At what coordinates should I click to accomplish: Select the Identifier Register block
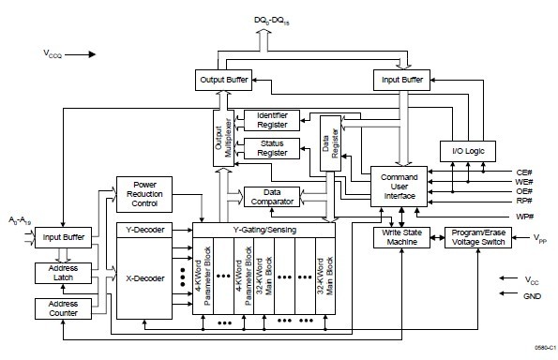point(272,119)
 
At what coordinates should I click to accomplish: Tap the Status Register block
point(272,148)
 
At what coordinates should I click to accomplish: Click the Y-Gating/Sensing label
point(264,229)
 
